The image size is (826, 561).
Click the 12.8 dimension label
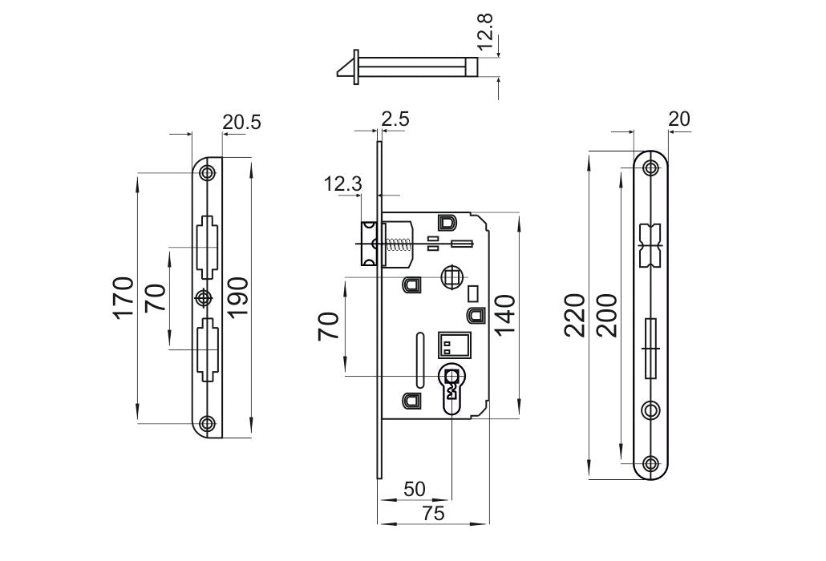[x=485, y=31]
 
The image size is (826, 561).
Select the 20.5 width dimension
[x=241, y=123]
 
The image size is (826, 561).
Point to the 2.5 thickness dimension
[x=395, y=119]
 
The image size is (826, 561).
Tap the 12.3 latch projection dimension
[x=343, y=184]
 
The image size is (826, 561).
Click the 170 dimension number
[x=123, y=297]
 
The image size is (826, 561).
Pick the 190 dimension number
[x=237, y=297]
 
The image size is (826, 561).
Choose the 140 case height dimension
[x=504, y=315]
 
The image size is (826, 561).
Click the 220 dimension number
[x=574, y=315]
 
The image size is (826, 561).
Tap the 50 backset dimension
[x=415, y=489]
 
